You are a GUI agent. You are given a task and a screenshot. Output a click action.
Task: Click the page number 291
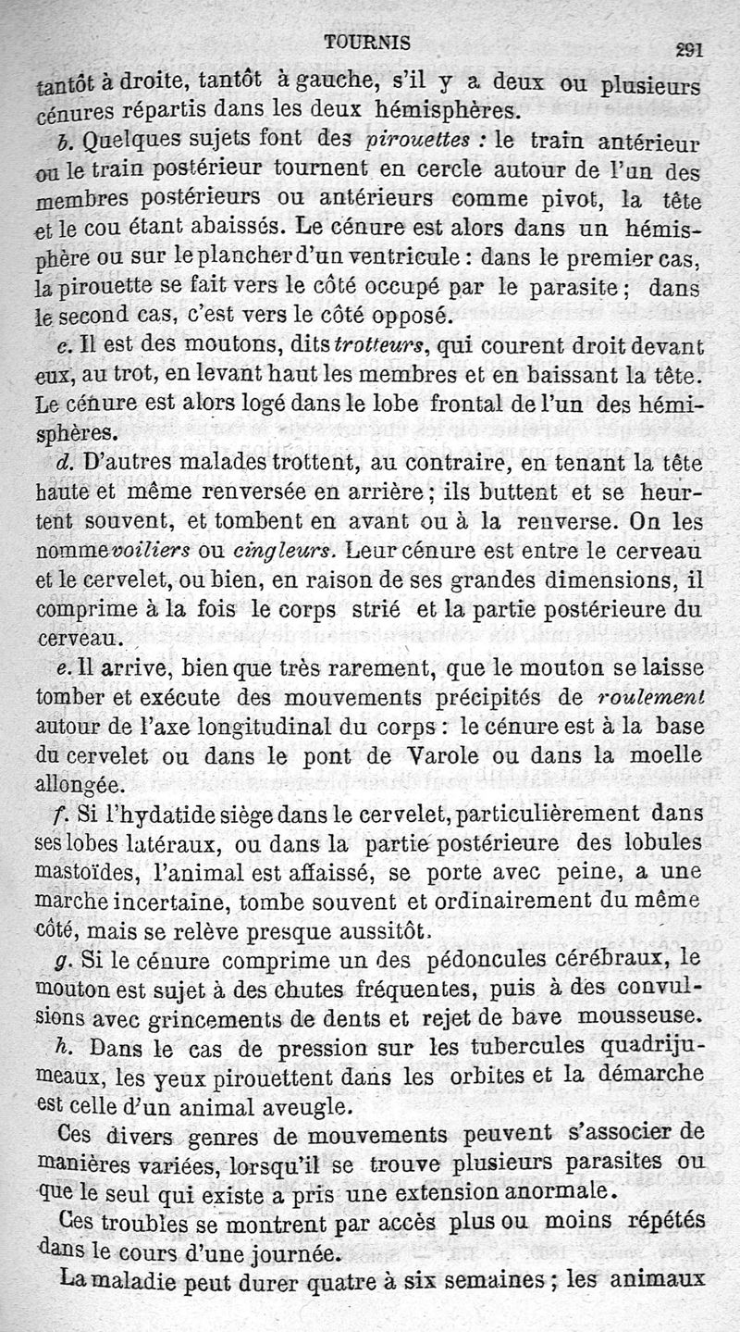[x=688, y=51]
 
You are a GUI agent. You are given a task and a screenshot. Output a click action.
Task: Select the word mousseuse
[x=647, y=1014]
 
